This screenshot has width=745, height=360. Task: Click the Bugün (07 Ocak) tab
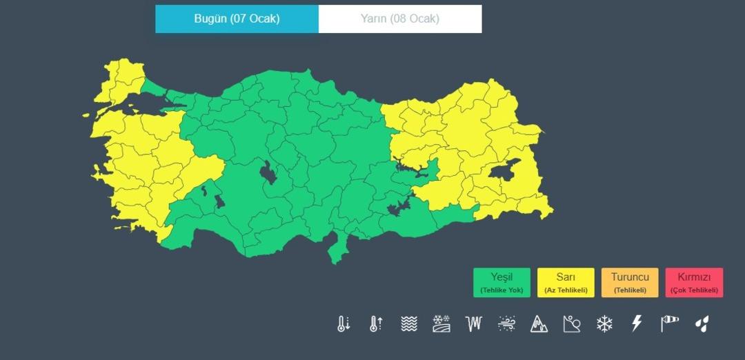coord(237,19)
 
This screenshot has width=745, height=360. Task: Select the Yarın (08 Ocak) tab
coord(400,19)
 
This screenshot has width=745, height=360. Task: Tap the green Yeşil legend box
coord(501,283)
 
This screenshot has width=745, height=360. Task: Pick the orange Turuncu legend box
coord(630,283)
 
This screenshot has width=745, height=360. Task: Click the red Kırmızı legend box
coord(694,283)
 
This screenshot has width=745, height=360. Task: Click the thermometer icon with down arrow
coord(344,323)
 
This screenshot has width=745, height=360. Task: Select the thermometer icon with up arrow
coord(376,323)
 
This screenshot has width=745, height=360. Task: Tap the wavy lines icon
coord(409,323)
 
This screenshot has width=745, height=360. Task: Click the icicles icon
coord(473,323)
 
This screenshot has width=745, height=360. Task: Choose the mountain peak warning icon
coord(539,323)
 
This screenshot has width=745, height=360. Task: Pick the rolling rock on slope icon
coord(571,323)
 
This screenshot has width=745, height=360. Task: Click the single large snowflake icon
coord(604,323)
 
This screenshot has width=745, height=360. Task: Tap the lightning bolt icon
coord(637,323)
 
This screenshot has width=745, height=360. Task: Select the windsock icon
coord(669,323)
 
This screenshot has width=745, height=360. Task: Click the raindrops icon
coord(702,323)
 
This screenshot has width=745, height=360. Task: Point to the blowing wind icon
coord(506,323)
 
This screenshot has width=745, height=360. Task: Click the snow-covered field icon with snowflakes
coord(441,323)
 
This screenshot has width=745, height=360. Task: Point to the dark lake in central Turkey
coord(268,172)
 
